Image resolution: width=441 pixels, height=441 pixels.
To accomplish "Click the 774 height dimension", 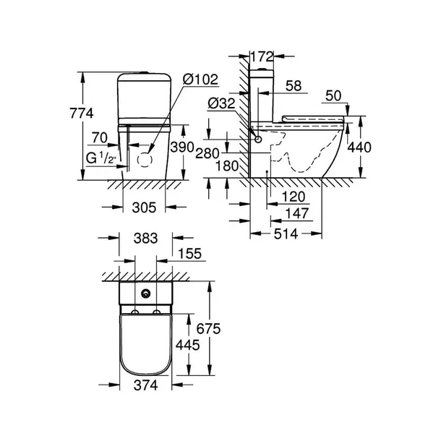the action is [x=82, y=114].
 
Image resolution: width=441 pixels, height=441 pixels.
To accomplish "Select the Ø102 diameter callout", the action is [x=200, y=80].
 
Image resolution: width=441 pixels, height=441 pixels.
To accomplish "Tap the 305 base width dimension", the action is [x=144, y=207].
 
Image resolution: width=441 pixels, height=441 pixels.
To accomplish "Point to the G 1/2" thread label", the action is [x=101, y=158].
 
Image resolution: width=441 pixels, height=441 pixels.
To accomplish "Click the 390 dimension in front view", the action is [x=182, y=147].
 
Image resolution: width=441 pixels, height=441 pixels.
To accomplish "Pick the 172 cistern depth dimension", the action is [x=262, y=56].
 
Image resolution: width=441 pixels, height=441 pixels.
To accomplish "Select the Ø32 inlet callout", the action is [x=221, y=103].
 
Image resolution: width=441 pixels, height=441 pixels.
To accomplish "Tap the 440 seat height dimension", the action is [x=359, y=147].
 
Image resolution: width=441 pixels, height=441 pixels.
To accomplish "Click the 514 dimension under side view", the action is [x=286, y=234].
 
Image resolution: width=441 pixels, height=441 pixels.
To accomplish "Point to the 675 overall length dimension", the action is [x=208, y=328].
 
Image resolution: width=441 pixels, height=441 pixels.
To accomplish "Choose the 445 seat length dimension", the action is [x=187, y=345].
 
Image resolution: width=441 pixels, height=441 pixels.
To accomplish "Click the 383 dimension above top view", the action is [x=146, y=239].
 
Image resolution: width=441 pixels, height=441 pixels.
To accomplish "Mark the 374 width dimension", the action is [x=146, y=385].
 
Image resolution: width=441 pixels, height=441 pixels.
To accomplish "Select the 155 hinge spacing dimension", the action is [x=190, y=254].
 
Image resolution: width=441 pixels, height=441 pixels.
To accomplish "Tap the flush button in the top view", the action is [x=146, y=294].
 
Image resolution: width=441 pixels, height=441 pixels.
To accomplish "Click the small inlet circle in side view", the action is [x=258, y=139].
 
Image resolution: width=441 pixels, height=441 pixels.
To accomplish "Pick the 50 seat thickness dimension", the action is [x=333, y=96].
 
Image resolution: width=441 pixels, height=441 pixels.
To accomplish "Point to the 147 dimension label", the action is [x=297, y=213].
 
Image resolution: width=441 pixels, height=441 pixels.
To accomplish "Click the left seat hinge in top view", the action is [x=135, y=312].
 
